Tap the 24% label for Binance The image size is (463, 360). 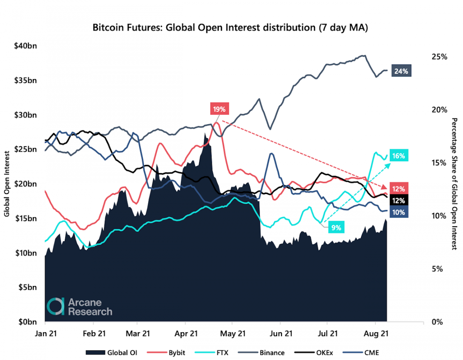click(x=400, y=71)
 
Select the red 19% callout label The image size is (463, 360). click(x=220, y=109)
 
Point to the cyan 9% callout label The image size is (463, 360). click(x=336, y=228)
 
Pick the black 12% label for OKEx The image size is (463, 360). click(x=399, y=200)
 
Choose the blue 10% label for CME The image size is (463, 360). click(x=399, y=212)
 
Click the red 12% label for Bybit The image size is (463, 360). click(x=399, y=189)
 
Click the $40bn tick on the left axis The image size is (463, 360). click(x=25, y=46)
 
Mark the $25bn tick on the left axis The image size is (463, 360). click(x=25, y=149)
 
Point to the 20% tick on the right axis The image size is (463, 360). click(x=439, y=110)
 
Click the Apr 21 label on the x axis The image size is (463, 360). click(x=186, y=333)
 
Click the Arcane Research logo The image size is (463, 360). click(x=79, y=306)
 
